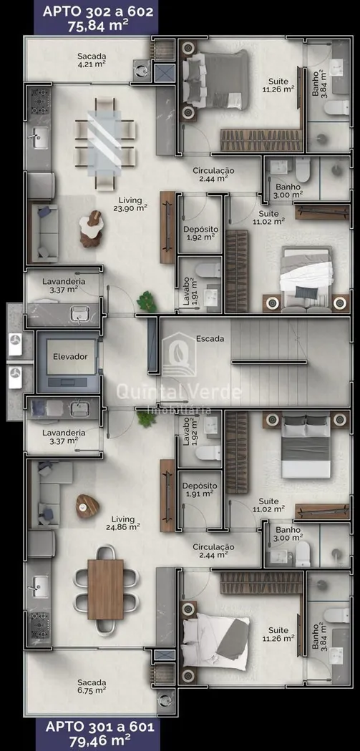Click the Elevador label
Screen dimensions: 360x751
pos(70,356)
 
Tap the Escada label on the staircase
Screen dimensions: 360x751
pos(210,338)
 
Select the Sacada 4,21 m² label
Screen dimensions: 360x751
pos(92,60)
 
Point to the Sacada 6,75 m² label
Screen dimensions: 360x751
pos(92,686)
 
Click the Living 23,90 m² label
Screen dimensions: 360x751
pos(133,204)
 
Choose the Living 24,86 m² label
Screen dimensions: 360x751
pos(125,523)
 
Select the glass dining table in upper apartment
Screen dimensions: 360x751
pos(105,144)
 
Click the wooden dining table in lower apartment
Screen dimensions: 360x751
pos(105,589)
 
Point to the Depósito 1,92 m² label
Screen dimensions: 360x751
pos(200,233)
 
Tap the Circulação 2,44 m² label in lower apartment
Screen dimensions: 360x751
pos(213,550)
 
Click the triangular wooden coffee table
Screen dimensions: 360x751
pos(87,506)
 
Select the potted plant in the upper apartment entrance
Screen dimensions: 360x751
pos(147,303)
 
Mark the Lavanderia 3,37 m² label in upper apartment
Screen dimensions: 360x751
pos(63,285)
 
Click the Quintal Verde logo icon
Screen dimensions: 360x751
pos(178,354)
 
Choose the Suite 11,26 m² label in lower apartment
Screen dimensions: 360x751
pos(278,634)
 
